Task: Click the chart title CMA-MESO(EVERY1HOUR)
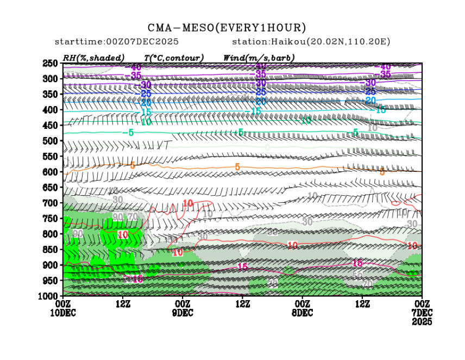coord(227,28)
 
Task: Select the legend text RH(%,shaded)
coord(93,58)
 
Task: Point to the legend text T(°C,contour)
coord(173,58)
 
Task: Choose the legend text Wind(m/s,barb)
coord(259,58)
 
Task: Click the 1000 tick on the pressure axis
coord(48,296)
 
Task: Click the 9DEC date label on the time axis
coord(182,313)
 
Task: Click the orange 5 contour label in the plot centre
coord(237,167)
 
